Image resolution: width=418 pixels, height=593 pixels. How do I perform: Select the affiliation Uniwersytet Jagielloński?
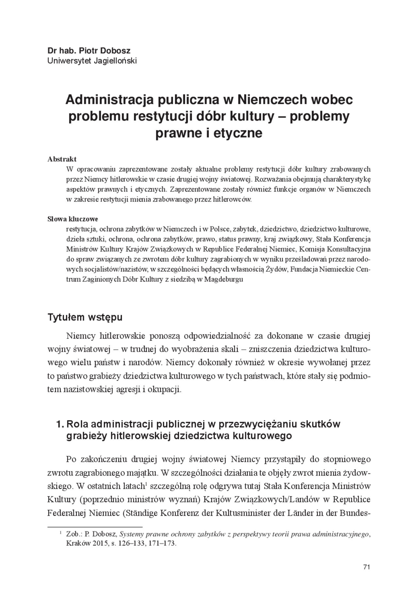coord(92,61)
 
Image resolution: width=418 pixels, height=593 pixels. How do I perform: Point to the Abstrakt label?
coord(62,159)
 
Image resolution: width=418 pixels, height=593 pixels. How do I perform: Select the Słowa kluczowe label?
coord(73,219)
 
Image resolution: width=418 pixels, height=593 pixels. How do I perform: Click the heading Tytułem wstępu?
coord(85,317)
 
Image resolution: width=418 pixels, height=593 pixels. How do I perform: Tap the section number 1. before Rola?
coord(60,424)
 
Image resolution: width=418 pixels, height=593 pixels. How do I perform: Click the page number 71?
coord(366,567)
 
